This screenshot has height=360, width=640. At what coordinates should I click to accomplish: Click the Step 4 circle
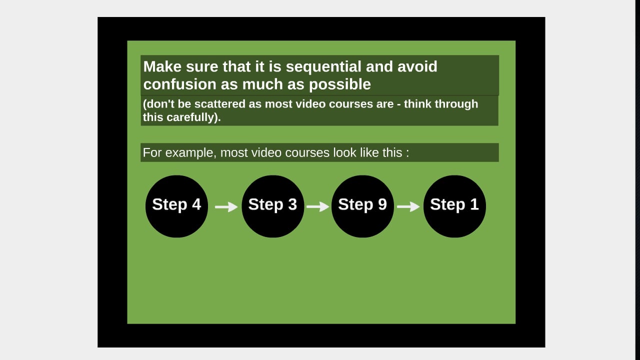click(x=176, y=206)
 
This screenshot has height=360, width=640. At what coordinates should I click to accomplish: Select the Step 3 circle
click(x=272, y=206)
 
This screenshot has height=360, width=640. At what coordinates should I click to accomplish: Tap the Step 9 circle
click(x=362, y=206)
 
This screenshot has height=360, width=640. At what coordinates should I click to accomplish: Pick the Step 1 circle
click(x=454, y=206)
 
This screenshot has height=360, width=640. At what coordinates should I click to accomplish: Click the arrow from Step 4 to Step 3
click(x=226, y=206)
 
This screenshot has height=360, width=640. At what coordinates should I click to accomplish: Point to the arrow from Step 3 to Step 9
click(x=317, y=206)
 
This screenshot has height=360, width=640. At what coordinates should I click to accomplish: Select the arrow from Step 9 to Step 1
click(x=408, y=206)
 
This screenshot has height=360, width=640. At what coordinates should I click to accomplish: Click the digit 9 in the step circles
click(x=382, y=204)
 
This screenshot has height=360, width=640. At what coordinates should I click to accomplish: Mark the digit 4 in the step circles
click(x=196, y=204)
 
